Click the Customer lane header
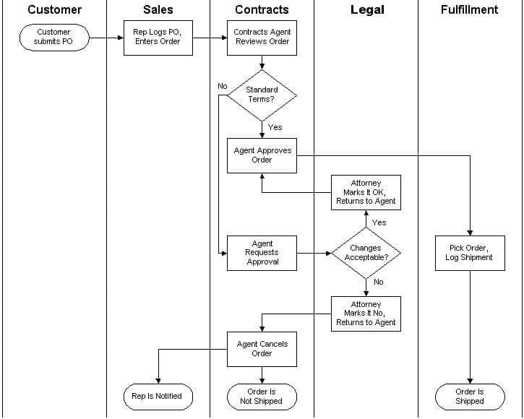[54, 10]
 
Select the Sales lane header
[158, 10]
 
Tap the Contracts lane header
[262, 10]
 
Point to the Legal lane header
[367, 10]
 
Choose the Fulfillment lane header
[469, 10]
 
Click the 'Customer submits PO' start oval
[53, 37]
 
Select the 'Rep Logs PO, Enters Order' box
[158, 37]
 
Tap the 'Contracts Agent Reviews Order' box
[262, 37]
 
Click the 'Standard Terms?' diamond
[262, 95]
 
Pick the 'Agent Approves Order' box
[262, 155]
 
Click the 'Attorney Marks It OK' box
[366, 192]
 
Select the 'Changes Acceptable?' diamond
[366, 253]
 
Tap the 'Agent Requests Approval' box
[262, 253]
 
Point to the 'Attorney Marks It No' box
[366, 314]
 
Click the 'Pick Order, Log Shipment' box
[470, 253]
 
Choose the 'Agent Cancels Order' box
[262, 349]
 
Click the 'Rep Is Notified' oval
[157, 396]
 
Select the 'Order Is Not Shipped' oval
[262, 396]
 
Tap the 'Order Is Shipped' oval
[470, 396]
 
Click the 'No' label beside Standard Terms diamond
[223, 86]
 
